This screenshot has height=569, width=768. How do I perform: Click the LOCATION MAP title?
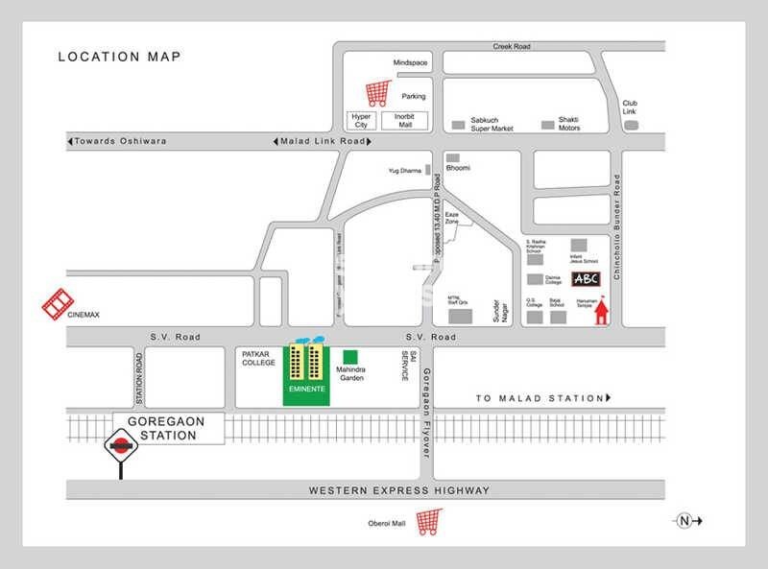pos(119,57)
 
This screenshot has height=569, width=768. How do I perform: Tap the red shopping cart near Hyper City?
pos(378,93)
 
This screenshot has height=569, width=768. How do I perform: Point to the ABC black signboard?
pos(586,279)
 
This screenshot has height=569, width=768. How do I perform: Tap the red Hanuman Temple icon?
pos(602,313)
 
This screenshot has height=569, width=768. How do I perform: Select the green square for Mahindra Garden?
pos(350,356)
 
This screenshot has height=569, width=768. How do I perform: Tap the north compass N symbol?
pos(684,521)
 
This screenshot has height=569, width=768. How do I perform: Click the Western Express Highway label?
pos(398,490)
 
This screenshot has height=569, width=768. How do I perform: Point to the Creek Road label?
pos(512,46)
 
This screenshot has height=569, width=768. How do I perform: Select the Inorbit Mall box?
pos(400,121)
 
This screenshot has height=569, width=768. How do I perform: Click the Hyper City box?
pos(361,121)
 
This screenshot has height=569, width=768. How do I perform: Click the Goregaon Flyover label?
pos(426,406)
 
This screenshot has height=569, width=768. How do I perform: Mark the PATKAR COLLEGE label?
pos(258,358)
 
